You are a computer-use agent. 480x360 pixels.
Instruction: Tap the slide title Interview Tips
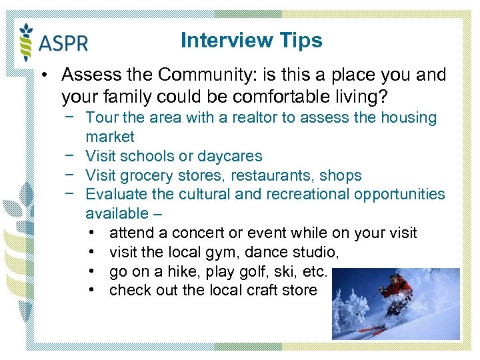point(251,41)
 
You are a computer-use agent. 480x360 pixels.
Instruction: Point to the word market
point(110,137)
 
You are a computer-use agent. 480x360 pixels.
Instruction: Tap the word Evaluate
point(115,194)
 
